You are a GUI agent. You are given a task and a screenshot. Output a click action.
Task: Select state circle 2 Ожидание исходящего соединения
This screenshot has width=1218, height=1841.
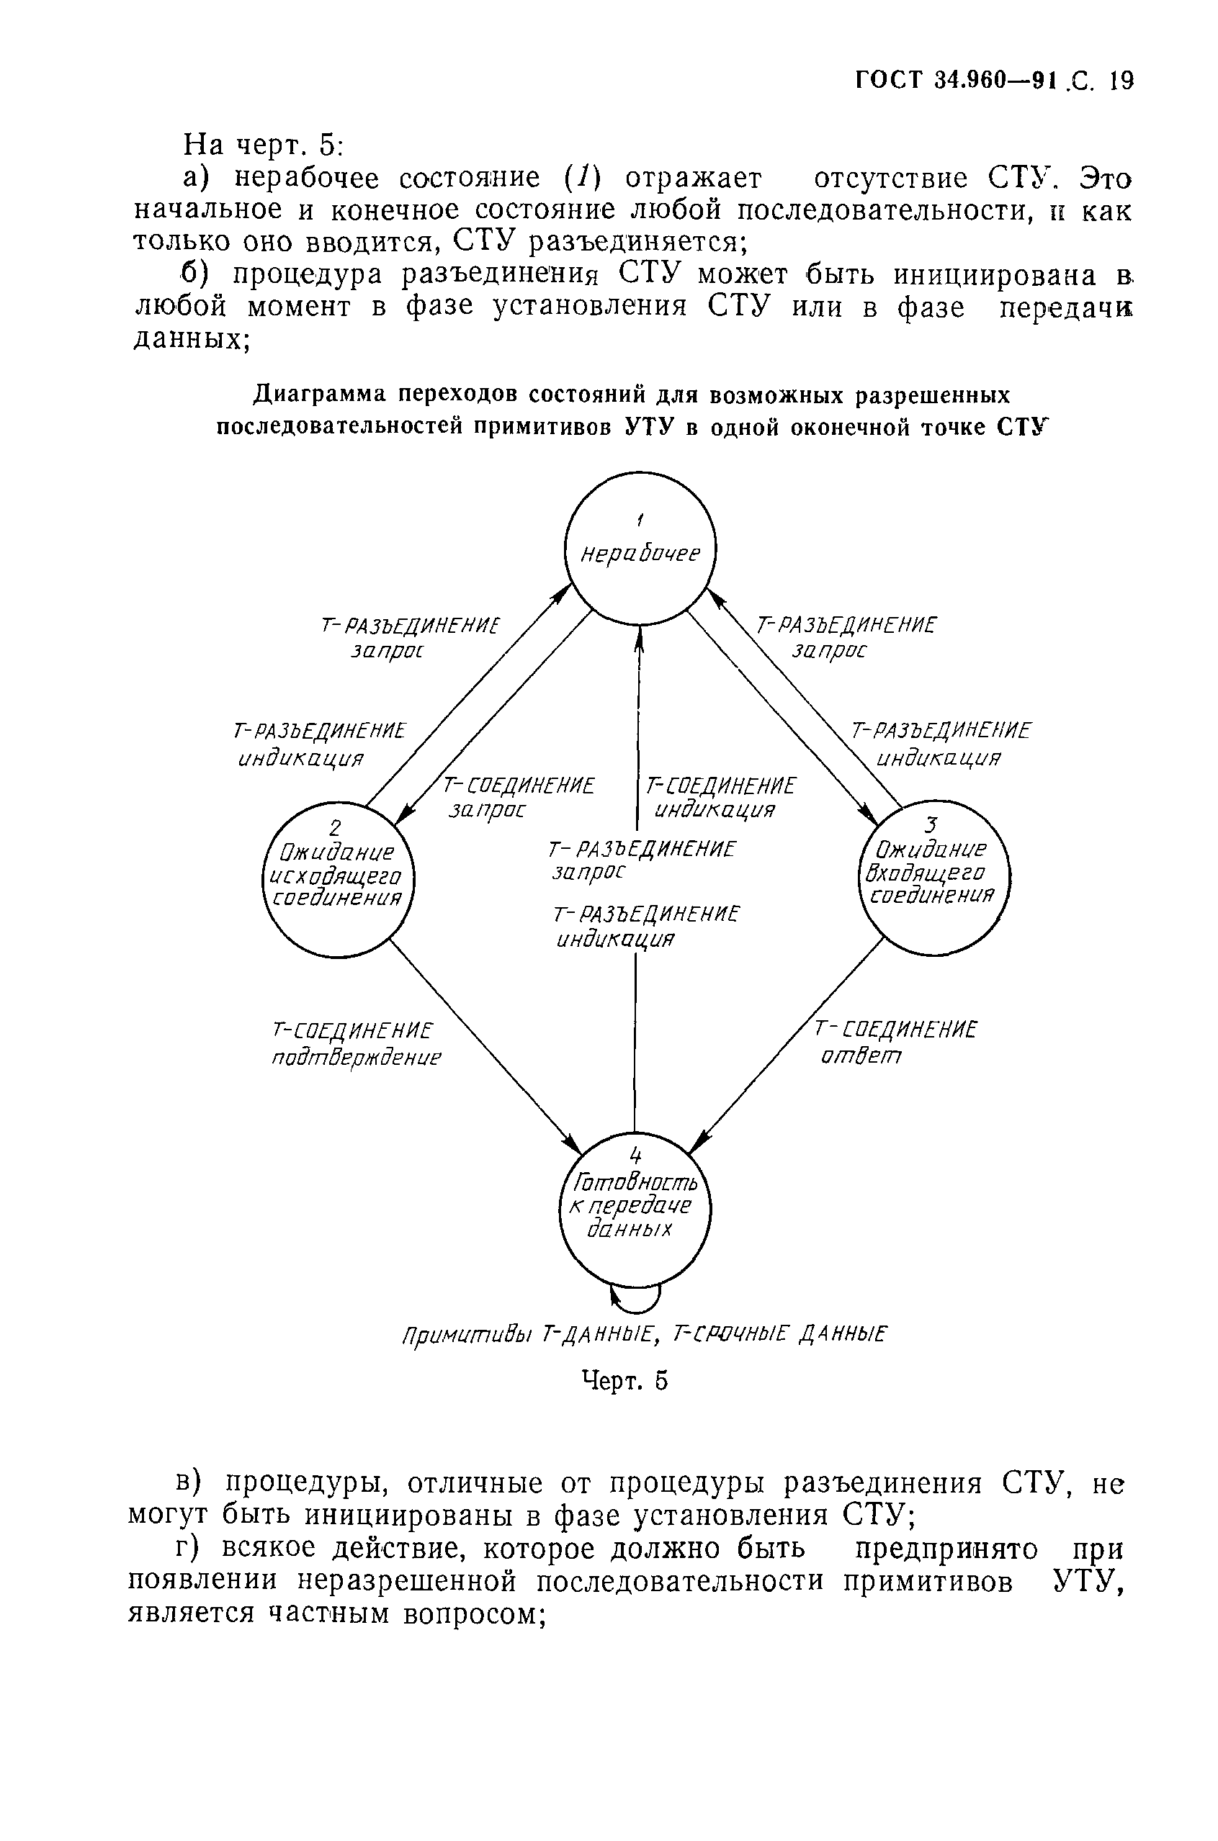pos(338,880)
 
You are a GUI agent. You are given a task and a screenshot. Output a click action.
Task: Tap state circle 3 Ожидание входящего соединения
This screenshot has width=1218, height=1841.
pos(933,877)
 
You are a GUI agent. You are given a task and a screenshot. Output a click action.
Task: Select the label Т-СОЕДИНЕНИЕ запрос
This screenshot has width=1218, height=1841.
pos(517,798)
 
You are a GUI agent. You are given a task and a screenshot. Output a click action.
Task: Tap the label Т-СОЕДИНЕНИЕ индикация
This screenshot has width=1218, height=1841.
pos(720,798)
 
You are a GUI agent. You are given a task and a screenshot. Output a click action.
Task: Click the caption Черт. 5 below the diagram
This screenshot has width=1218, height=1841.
pos(624,1379)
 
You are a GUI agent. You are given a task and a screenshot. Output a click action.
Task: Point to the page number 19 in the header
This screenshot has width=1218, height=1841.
pos(1121,81)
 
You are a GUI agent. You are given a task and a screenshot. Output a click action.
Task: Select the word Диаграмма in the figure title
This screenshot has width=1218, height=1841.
pos(319,395)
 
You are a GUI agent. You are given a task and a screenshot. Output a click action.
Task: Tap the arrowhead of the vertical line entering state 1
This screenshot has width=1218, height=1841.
pos(640,635)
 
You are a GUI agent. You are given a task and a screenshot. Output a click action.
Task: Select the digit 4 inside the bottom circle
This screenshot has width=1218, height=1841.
pos(635,1157)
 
